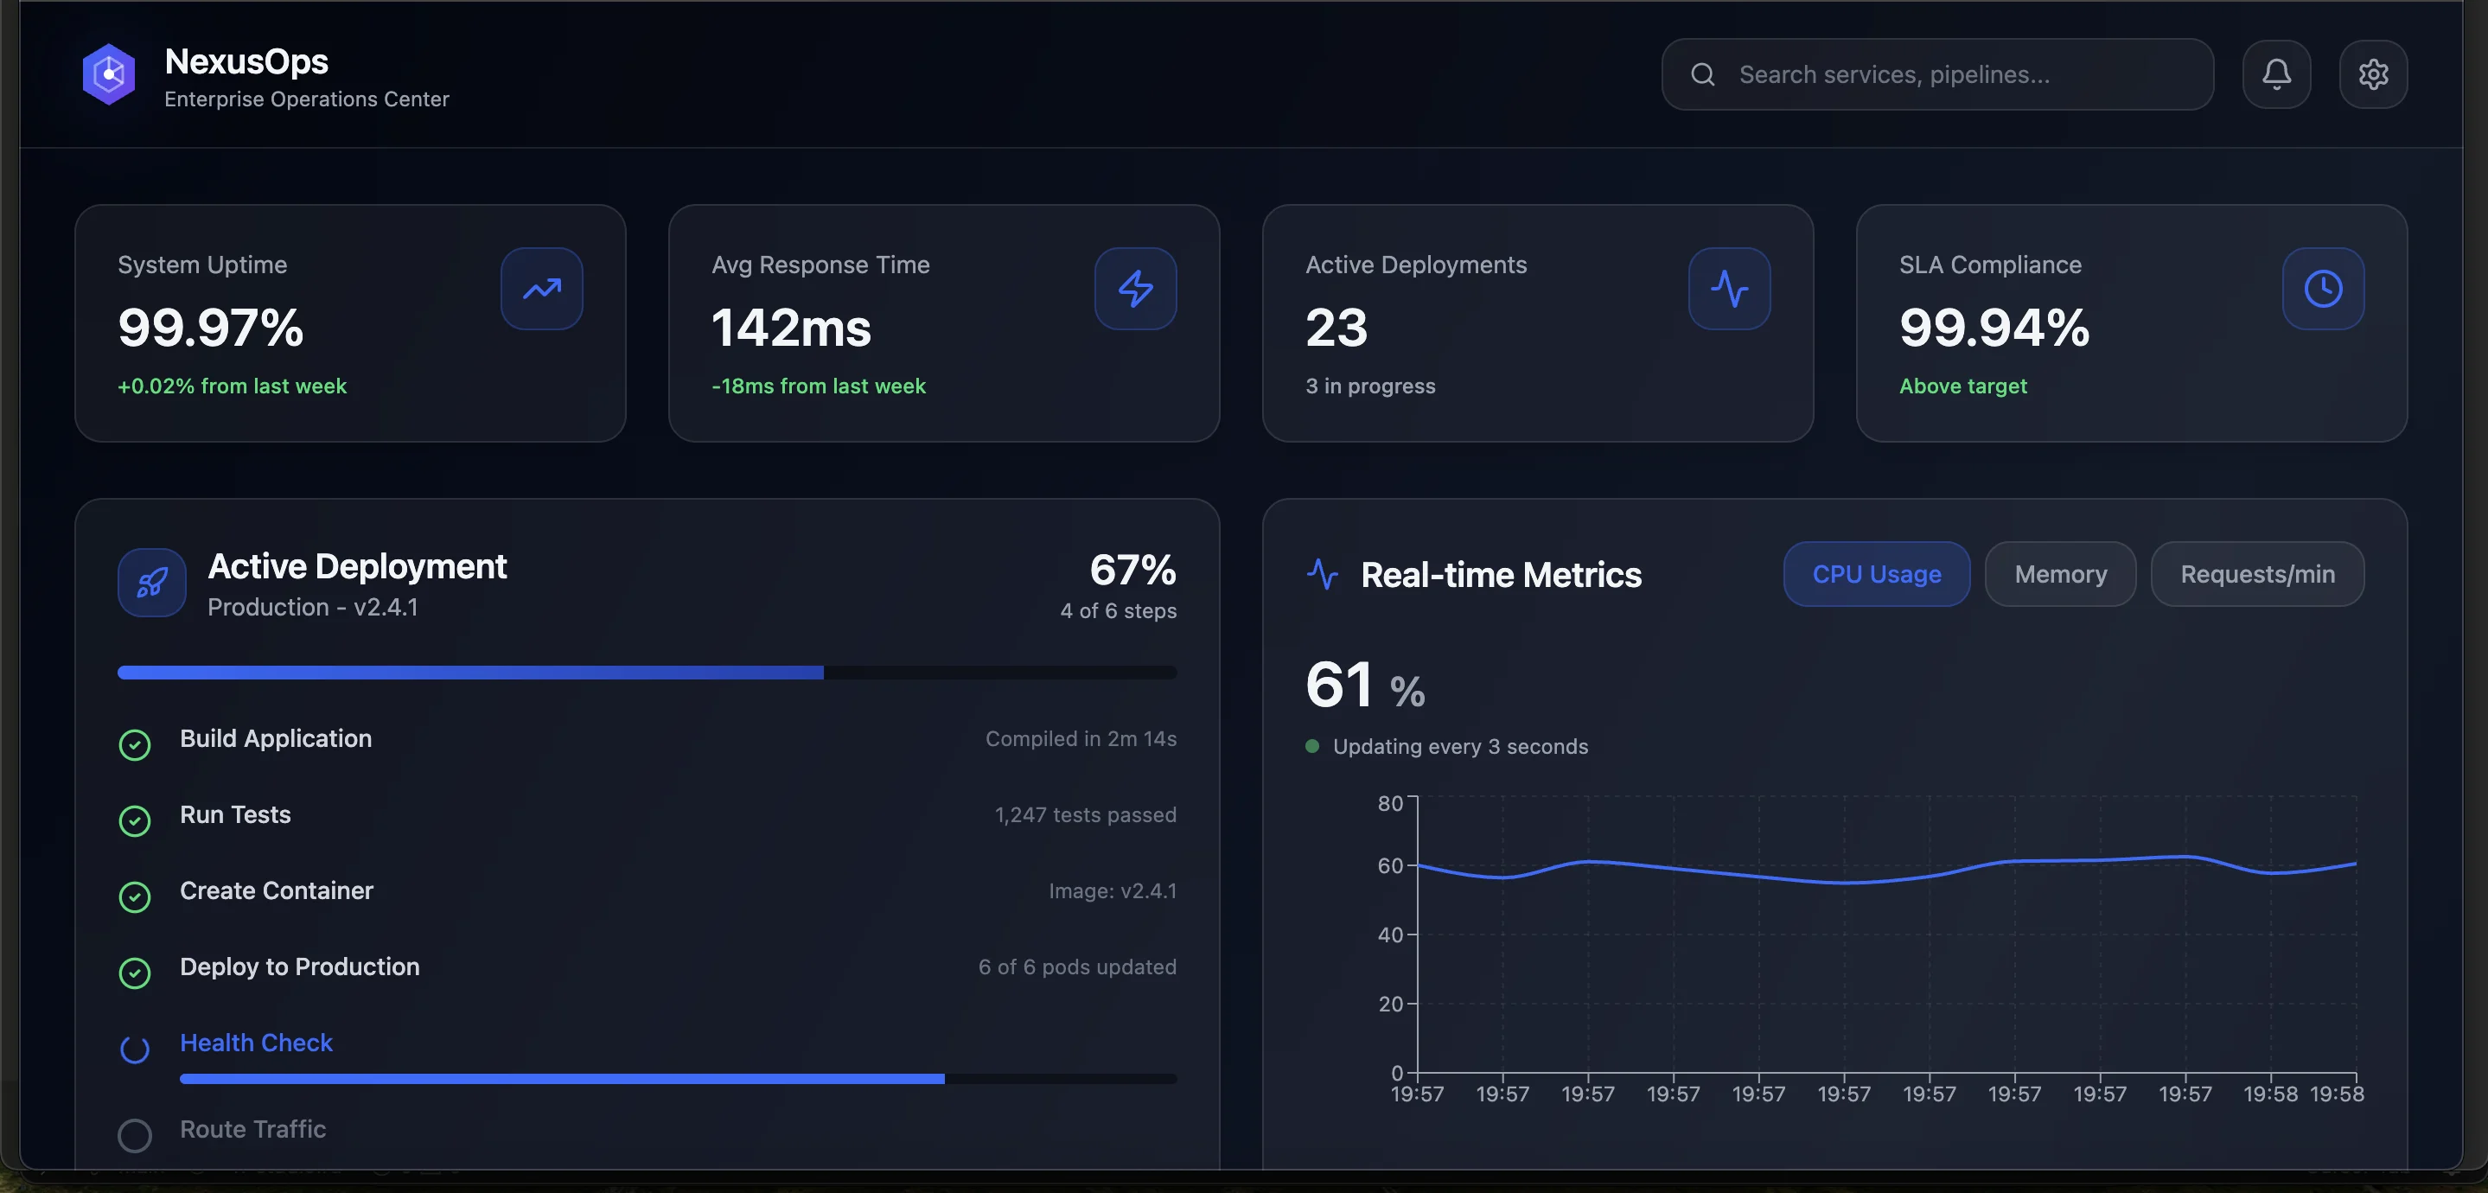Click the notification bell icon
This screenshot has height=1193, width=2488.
tap(2275, 74)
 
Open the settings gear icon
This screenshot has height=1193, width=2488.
tap(2372, 74)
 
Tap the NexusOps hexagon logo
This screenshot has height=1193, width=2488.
tap(108, 74)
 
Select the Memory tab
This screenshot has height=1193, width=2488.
tap(2059, 574)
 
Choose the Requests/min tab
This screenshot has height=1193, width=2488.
tap(2256, 574)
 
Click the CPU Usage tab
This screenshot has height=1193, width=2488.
tap(1876, 574)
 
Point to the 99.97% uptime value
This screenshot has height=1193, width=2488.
tap(211, 328)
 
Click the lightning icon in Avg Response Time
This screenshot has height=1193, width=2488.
tap(1135, 289)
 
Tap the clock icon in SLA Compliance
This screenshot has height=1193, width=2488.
tap(2322, 289)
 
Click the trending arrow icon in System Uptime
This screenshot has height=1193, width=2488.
tap(541, 289)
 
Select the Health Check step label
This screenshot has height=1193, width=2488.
tap(256, 1043)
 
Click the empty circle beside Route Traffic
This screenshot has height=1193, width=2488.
tap(134, 1135)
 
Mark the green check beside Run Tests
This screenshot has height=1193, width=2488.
tap(134, 821)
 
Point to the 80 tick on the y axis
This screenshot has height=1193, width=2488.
tap(1390, 803)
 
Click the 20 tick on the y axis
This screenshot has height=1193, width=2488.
tap(1390, 1004)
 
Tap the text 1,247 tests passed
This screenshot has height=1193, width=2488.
tap(1085, 814)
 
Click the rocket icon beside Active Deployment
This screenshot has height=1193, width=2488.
tap(151, 583)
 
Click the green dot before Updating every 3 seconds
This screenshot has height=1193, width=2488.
tap(1311, 746)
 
